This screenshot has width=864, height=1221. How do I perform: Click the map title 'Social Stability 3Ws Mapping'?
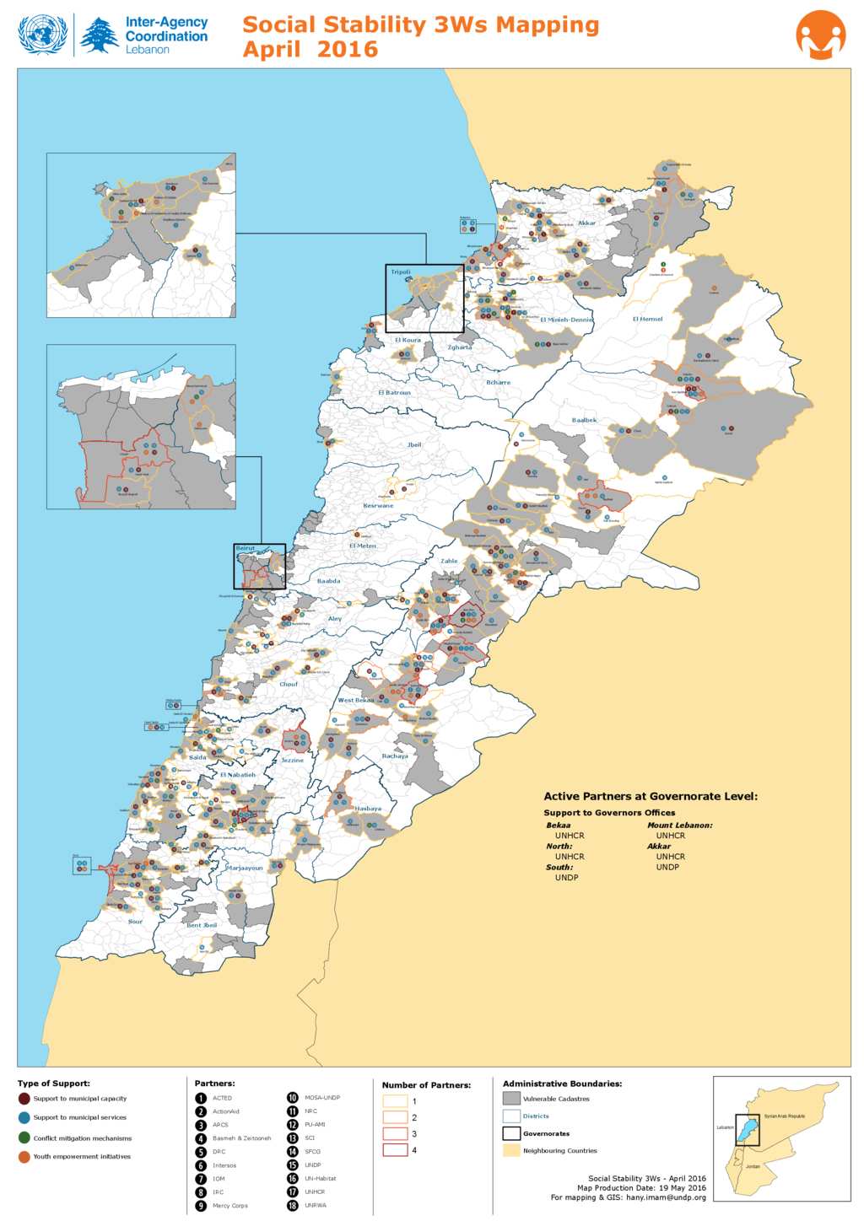(420, 25)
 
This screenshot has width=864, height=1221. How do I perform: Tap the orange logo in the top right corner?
(820, 35)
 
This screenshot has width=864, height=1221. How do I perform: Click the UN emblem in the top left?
(42, 35)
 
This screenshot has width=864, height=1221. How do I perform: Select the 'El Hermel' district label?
(647, 319)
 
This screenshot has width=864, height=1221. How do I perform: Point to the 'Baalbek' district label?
(584, 420)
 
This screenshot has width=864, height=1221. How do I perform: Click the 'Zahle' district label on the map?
(449, 561)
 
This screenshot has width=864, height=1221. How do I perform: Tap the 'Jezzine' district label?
(292, 760)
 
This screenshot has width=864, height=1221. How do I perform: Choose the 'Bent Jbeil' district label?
(202, 925)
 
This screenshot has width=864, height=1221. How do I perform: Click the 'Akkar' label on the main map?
(586, 223)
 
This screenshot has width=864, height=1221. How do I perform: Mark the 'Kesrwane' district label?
(378, 506)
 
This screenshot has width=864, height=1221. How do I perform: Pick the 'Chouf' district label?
(289, 684)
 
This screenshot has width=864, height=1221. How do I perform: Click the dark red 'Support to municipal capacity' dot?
(24, 1099)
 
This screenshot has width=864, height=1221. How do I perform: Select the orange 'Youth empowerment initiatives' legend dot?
(24, 1157)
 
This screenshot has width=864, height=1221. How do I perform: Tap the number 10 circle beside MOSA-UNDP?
(293, 1098)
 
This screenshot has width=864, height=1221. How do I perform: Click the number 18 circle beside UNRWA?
(293, 1205)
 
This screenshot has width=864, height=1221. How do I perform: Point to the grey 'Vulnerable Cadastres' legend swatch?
(511, 1099)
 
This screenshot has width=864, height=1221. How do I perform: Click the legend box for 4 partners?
(395, 1150)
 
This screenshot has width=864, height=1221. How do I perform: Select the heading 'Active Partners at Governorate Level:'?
(651, 796)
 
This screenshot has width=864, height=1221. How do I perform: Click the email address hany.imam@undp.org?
(666, 1197)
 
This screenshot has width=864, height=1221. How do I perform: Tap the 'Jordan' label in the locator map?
(753, 1167)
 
